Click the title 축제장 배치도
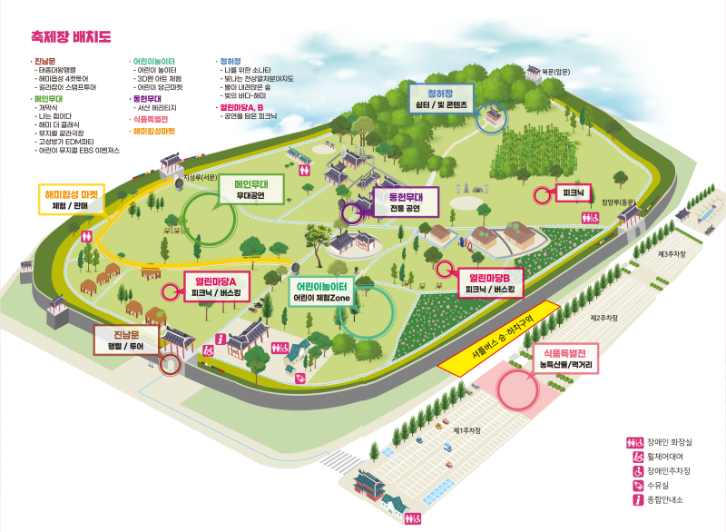pos(71,37)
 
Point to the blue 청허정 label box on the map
pos(440,98)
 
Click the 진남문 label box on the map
pos(126,340)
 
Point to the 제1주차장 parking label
pos(466,430)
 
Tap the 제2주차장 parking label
pos(604,318)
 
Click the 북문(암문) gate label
pos(556,71)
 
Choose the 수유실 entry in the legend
pos(660,485)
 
